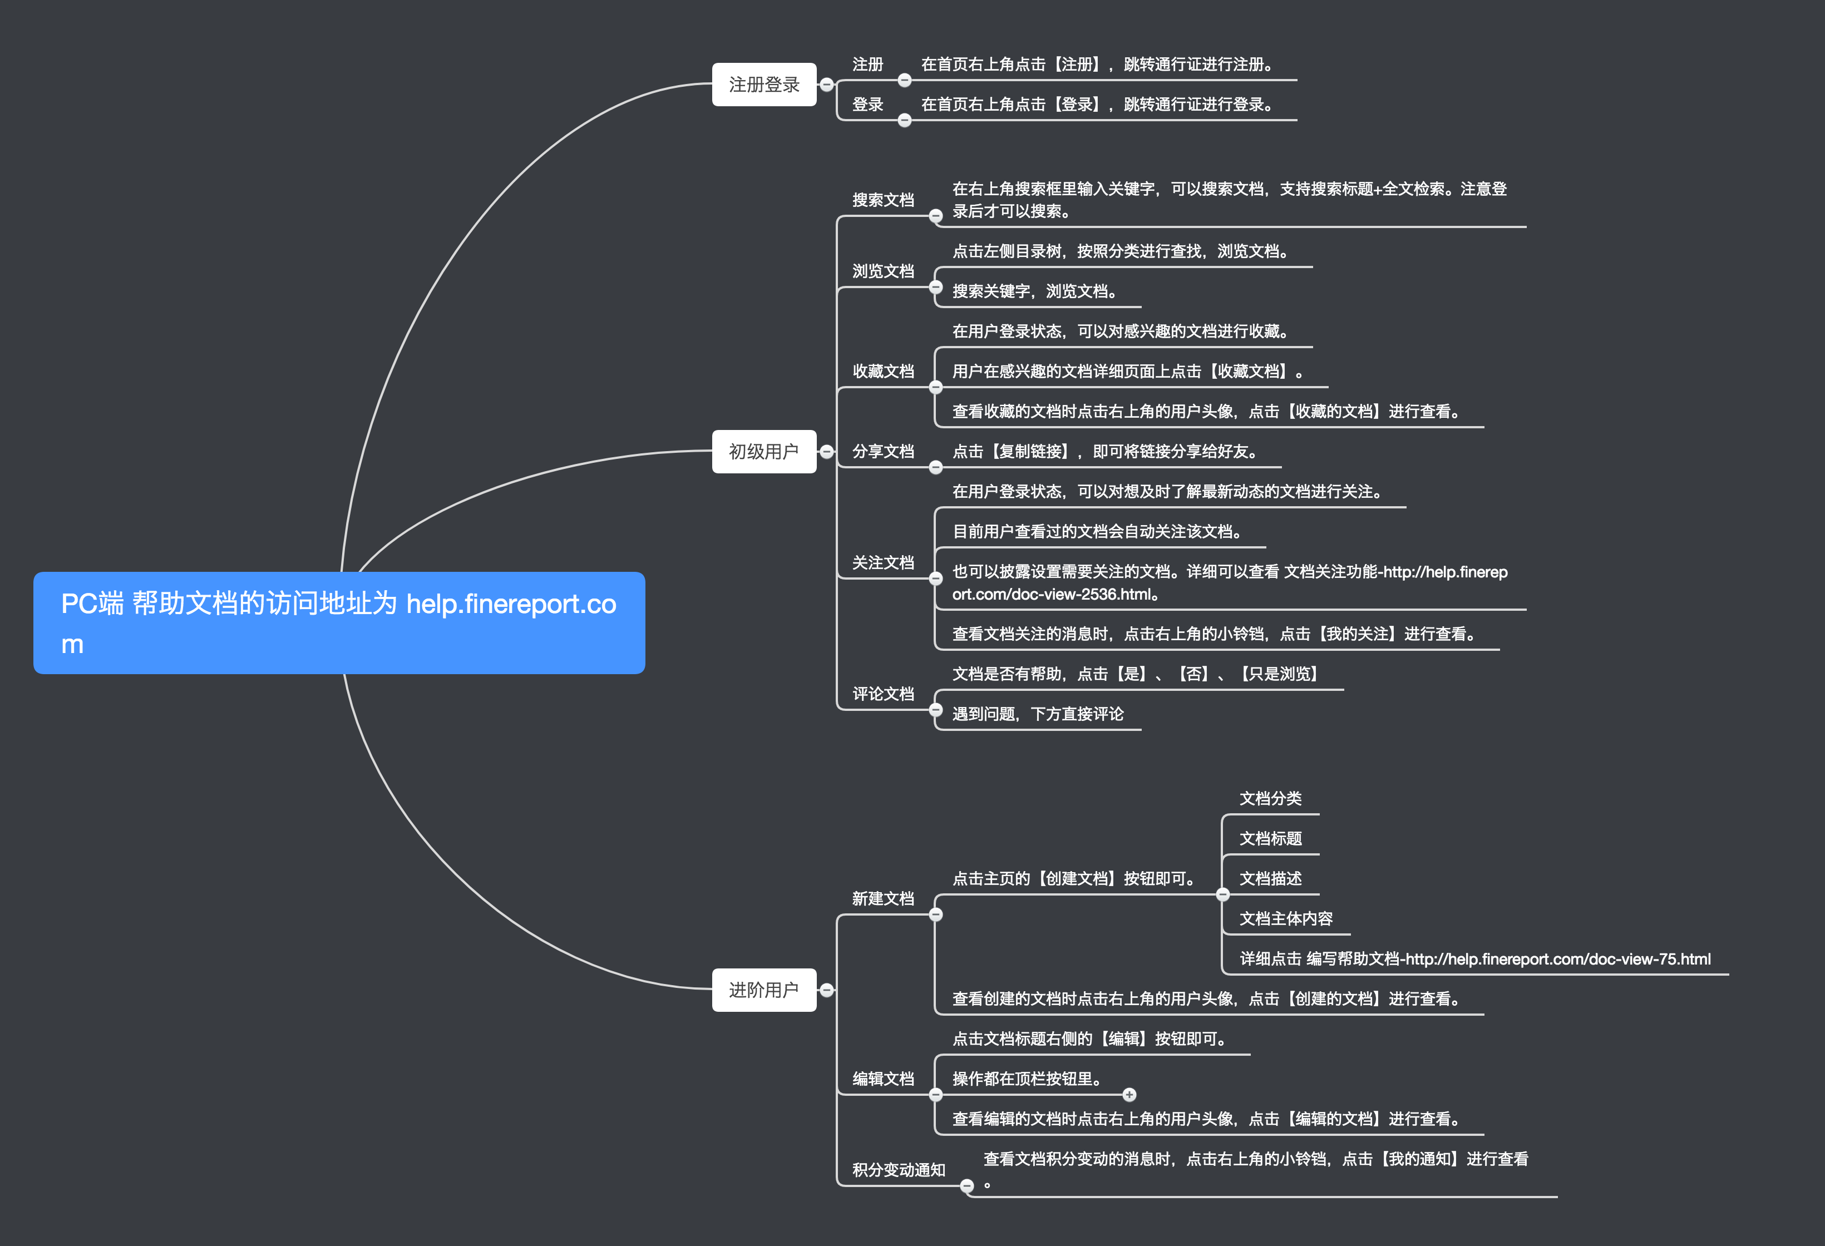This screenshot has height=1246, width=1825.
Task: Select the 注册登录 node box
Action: pyautogui.click(x=763, y=84)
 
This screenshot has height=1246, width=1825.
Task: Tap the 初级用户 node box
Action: pyautogui.click(x=763, y=452)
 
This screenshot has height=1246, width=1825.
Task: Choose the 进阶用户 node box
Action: pyautogui.click(x=763, y=990)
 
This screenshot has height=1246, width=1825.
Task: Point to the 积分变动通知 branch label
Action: pyautogui.click(x=899, y=1170)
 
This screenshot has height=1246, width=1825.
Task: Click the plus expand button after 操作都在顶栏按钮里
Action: pyautogui.click(x=1129, y=1095)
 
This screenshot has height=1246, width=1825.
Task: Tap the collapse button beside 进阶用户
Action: pyautogui.click(x=827, y=990)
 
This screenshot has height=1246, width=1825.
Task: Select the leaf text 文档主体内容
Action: pyautogui.click(x=1285, y=918)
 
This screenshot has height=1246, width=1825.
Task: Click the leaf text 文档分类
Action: pyautogui.click(x=1270, y=798)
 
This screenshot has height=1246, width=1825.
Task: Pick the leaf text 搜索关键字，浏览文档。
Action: pyautogui.click(x=1034, y=291)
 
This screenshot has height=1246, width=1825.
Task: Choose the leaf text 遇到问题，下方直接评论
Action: pyautogui.click(x=1037, y=714)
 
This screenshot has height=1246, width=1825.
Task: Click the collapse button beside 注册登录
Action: pyautogui.click(x=827, y=84)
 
